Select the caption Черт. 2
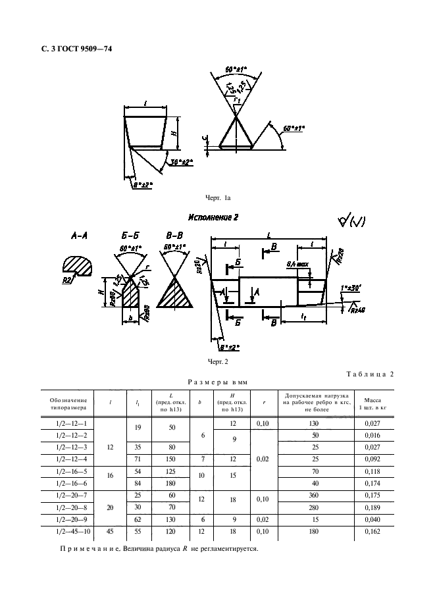tap(217, 362)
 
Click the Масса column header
tap(373, 403)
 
